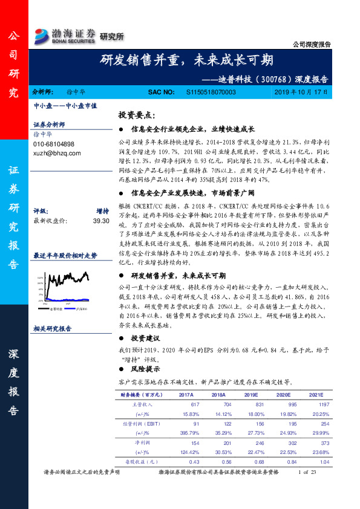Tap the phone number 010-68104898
pos(54,144)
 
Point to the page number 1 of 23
pos(307,472)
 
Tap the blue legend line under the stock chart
pos(73,308)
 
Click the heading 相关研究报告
pos(53,329)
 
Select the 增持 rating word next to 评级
pos(102,212)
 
